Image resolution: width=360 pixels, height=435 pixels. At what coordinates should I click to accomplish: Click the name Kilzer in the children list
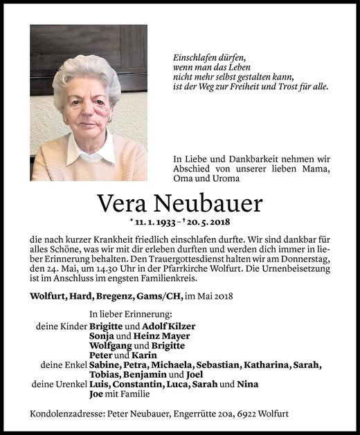click(180, 326)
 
